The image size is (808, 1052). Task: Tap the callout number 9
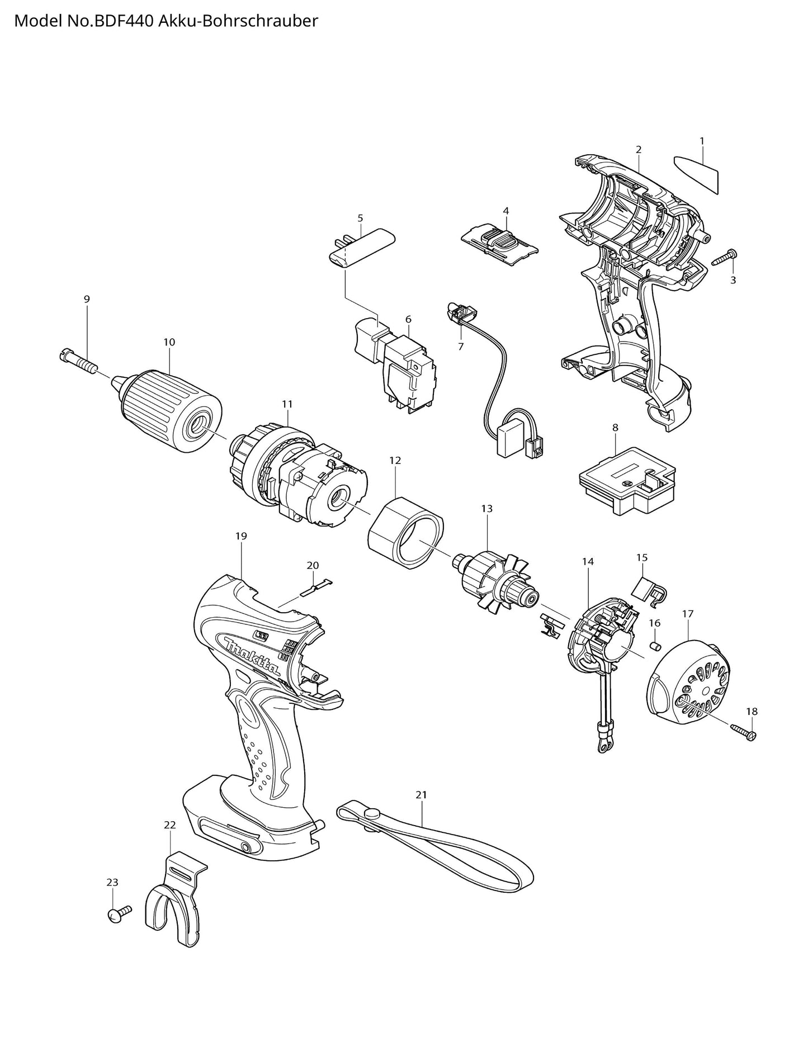click(x=87, y=299)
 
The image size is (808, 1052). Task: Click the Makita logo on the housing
click(x=252, y=654)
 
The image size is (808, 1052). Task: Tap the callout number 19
click(x=241, y=536)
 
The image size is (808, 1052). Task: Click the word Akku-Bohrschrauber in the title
click(x=239, y=21)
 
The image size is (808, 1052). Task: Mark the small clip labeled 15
click(x=648, y=590)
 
